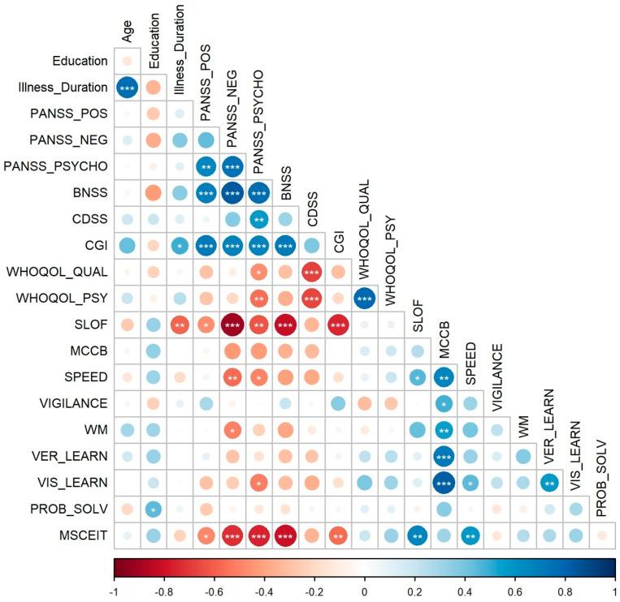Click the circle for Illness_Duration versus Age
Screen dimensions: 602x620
click(127, 88)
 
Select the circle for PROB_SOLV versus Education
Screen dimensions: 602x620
click(153, 509)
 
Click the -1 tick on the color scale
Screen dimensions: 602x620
click(115, 587)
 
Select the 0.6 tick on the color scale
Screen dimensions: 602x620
click(514, 587)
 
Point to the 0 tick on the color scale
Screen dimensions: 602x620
click(364, 587)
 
